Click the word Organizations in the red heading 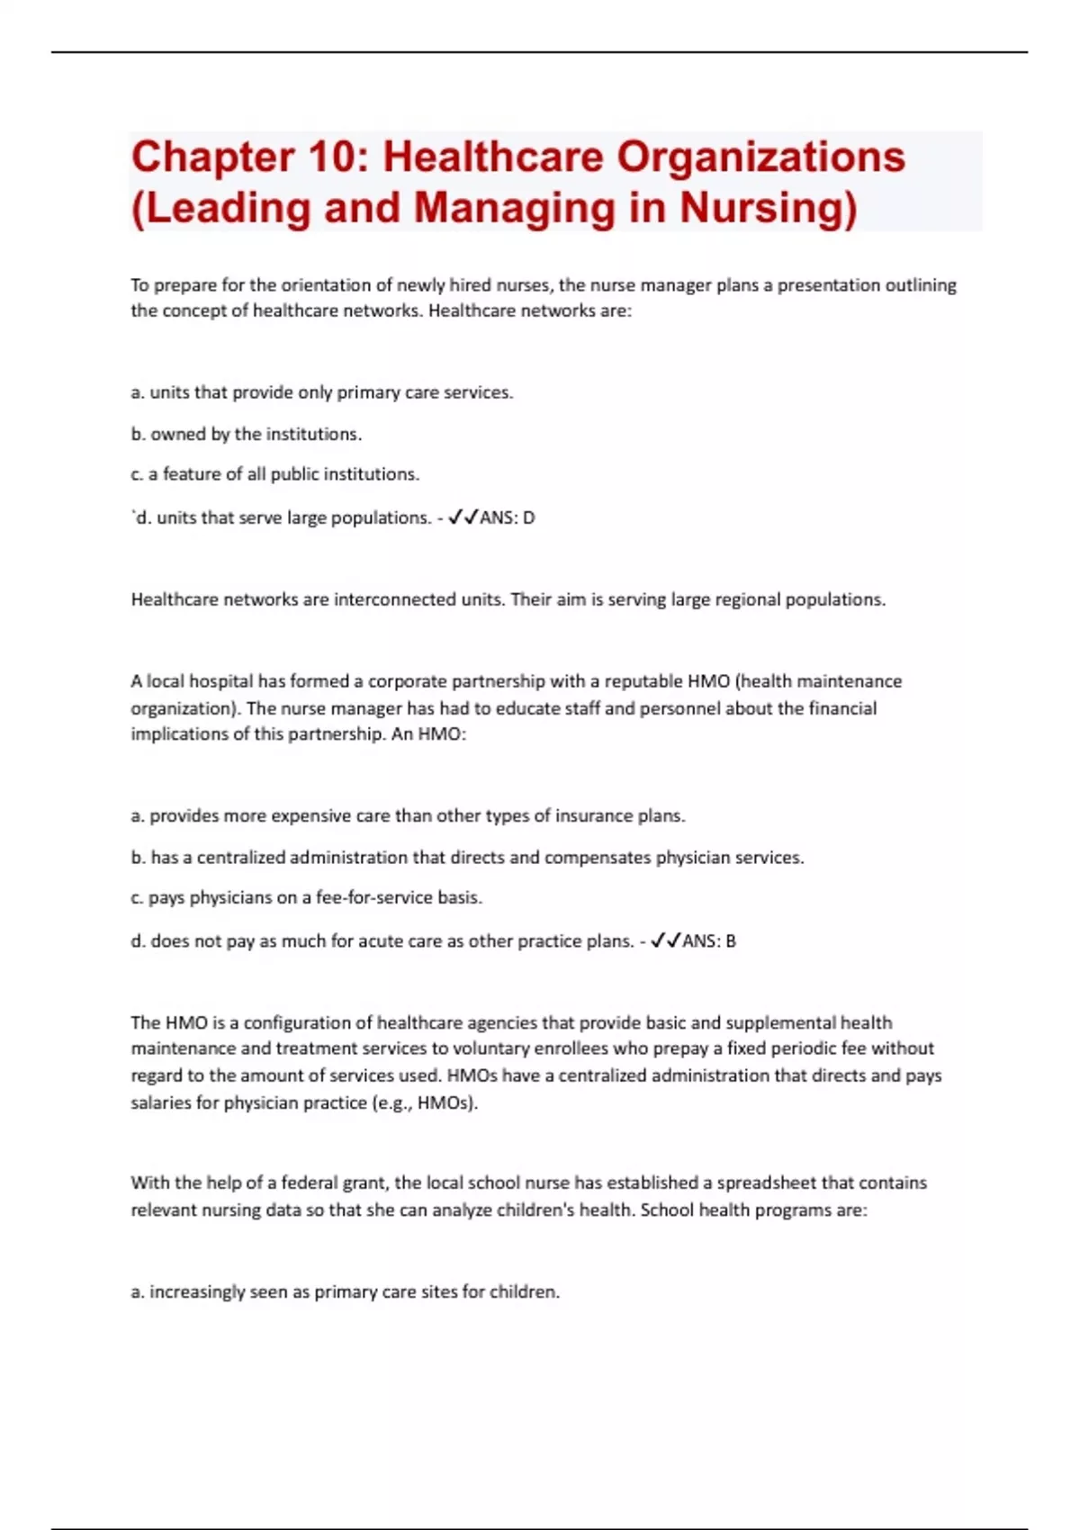[760, 157]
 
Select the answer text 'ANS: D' [508, 517]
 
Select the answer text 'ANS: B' [709, 940]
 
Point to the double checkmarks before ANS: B [665, 940]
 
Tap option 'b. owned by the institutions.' [247, 434]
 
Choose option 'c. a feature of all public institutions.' [275, 474]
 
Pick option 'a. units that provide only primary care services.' [322, 392]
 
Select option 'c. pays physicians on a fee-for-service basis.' [307, 897]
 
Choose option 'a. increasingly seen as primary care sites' [346, 1291]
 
